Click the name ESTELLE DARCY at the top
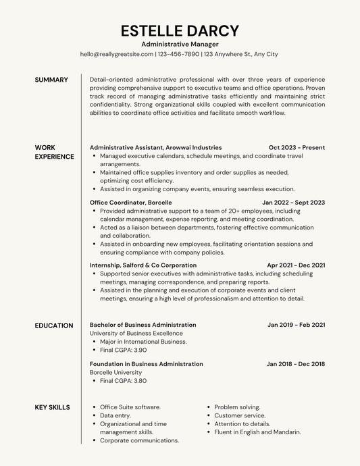click(x=180, y=30)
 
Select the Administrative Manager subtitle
click(x=180, y=43)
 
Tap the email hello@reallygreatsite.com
click(x=116, y=54)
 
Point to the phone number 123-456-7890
click(x=178, y=54)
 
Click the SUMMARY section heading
click(x=51, y=80)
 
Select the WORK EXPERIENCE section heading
click(x=54, y=152)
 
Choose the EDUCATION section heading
click(x=54, y=326)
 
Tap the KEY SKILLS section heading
click(x=52, y=407)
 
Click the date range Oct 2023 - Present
click(x=297, y=147)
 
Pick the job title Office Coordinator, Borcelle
click(x=130, y=202)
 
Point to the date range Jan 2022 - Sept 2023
click(x=293, y=202)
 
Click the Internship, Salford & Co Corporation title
click(x=143, y=265)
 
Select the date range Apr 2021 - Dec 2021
click(x=296, y=265)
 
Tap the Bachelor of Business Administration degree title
click(x=143, y=325)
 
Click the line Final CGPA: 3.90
click(x=123, y=351)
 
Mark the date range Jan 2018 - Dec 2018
click(x=295, y=364)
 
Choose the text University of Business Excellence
click(x=136, y=333)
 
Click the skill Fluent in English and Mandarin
click(x=257, y=432)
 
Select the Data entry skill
click(x=115, y=415)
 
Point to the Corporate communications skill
click(x=139, y=440)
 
